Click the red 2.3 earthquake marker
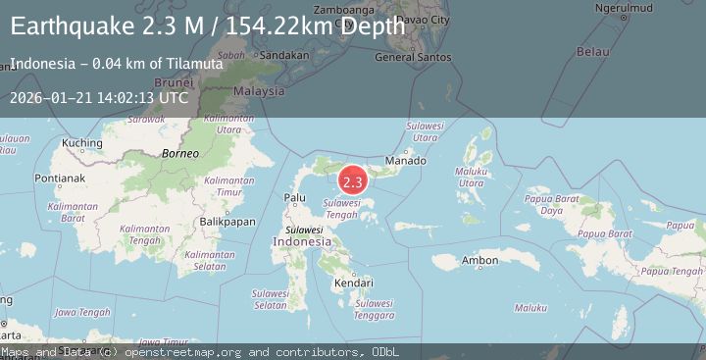click(352, 181)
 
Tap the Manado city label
click(405, 160)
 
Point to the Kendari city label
click(354, 283)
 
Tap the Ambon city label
click(480, 260)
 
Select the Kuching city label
click(81, 143)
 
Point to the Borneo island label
click(180, 154)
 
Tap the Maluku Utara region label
click(472, 178)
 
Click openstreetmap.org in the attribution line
click(194, 351)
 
